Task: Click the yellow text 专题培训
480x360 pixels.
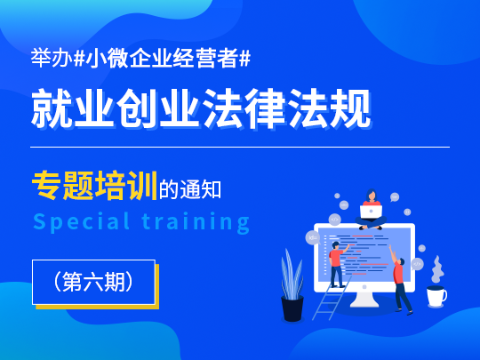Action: coord(94,185)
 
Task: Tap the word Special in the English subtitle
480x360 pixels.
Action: coord(82,222)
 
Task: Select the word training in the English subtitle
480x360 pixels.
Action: coord(196,222)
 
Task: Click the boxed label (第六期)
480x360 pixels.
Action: coord(93,282)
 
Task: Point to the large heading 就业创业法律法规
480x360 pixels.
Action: coord(201,108)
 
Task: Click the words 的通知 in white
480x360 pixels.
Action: coord(190,189)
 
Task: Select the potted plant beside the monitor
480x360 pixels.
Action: coord(292,285)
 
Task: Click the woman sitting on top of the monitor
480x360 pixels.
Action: coord(371,210)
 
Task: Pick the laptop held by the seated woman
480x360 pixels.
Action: coord(371,212)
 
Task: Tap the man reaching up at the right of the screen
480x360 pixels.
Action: coord(400,279)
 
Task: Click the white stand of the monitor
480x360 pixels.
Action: coord(364,300)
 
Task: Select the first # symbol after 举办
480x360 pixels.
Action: coord(80,58)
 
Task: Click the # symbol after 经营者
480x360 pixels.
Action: coord(245,58)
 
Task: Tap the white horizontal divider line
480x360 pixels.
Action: coord(240,147)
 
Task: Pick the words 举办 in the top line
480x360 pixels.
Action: coord(52,58)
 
